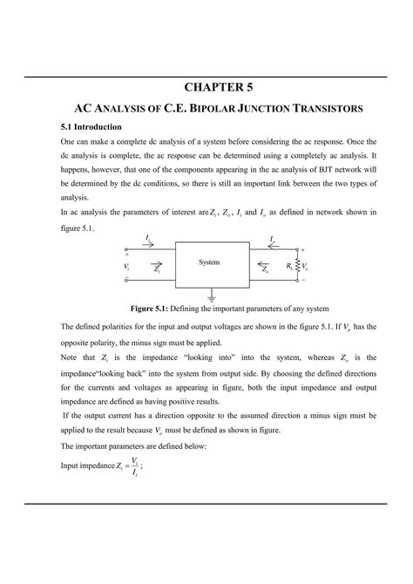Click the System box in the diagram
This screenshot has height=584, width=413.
[209, 262]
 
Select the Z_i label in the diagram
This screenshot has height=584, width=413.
[156, 271]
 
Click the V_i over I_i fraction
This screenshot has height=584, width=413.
[134, 467]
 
